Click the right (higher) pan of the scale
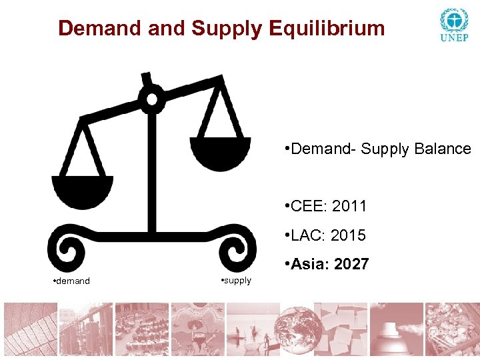tap(220, 152)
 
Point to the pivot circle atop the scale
tap(152, 99)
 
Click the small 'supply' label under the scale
tap(237, 281)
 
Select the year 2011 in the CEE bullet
tap(349, 206)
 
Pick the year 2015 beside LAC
tap(349, 235)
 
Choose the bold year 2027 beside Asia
tap(351, 265)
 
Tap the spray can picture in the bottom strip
tap(397, 331)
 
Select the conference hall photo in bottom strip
tap(141, 331)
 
